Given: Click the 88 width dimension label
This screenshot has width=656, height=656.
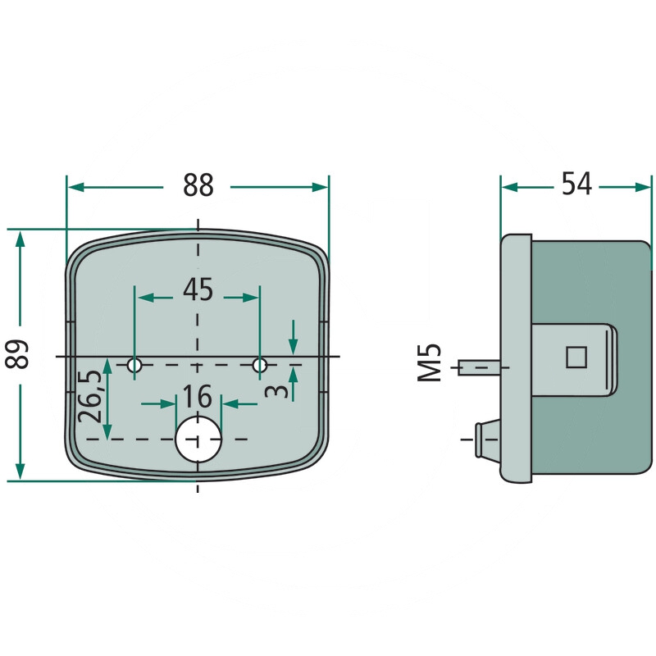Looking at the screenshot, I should click(x=198, y=186).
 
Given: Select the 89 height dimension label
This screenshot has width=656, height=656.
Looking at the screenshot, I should click(x=20, y=353).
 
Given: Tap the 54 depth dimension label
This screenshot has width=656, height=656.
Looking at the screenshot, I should click(x=576, y=185).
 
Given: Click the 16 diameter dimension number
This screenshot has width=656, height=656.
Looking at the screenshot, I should click(x=198, y=397).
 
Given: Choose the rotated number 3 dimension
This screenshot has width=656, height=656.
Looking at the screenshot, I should click(x=278, y=389).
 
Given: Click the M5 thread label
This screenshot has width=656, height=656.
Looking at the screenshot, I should click(x=430, y=362).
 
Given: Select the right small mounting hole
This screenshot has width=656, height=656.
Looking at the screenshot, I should click(x=260, y=364).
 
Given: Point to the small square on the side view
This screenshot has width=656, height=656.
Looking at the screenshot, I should click(x=577, y=356).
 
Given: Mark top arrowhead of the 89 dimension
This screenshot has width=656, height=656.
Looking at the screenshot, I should click(x=20, y=239).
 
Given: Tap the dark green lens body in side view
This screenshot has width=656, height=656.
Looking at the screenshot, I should click(x=590, y=426).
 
